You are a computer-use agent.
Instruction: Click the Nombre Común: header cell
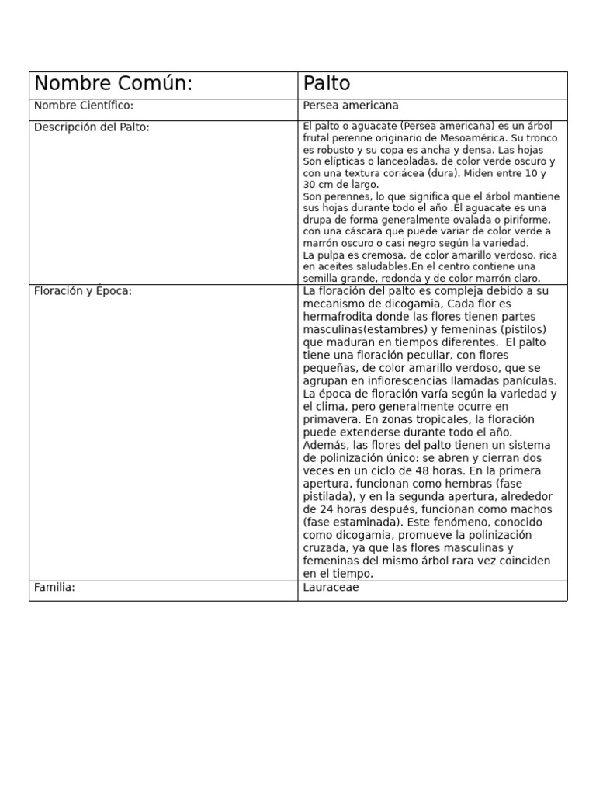(x=113, y=84)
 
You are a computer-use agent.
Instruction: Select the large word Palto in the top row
(x=327, y=84)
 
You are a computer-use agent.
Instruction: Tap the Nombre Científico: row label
(x=84, y=106)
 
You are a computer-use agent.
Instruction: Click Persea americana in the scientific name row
(x=351, y=106)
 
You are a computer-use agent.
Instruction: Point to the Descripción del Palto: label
(x=92, y=127)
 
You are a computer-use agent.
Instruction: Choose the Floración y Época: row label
(x=83, y=291)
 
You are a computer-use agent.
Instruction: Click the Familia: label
(x=54, y=588)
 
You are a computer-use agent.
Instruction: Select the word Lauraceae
(x=331, y=588)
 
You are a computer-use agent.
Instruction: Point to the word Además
(x=326, y=446)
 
